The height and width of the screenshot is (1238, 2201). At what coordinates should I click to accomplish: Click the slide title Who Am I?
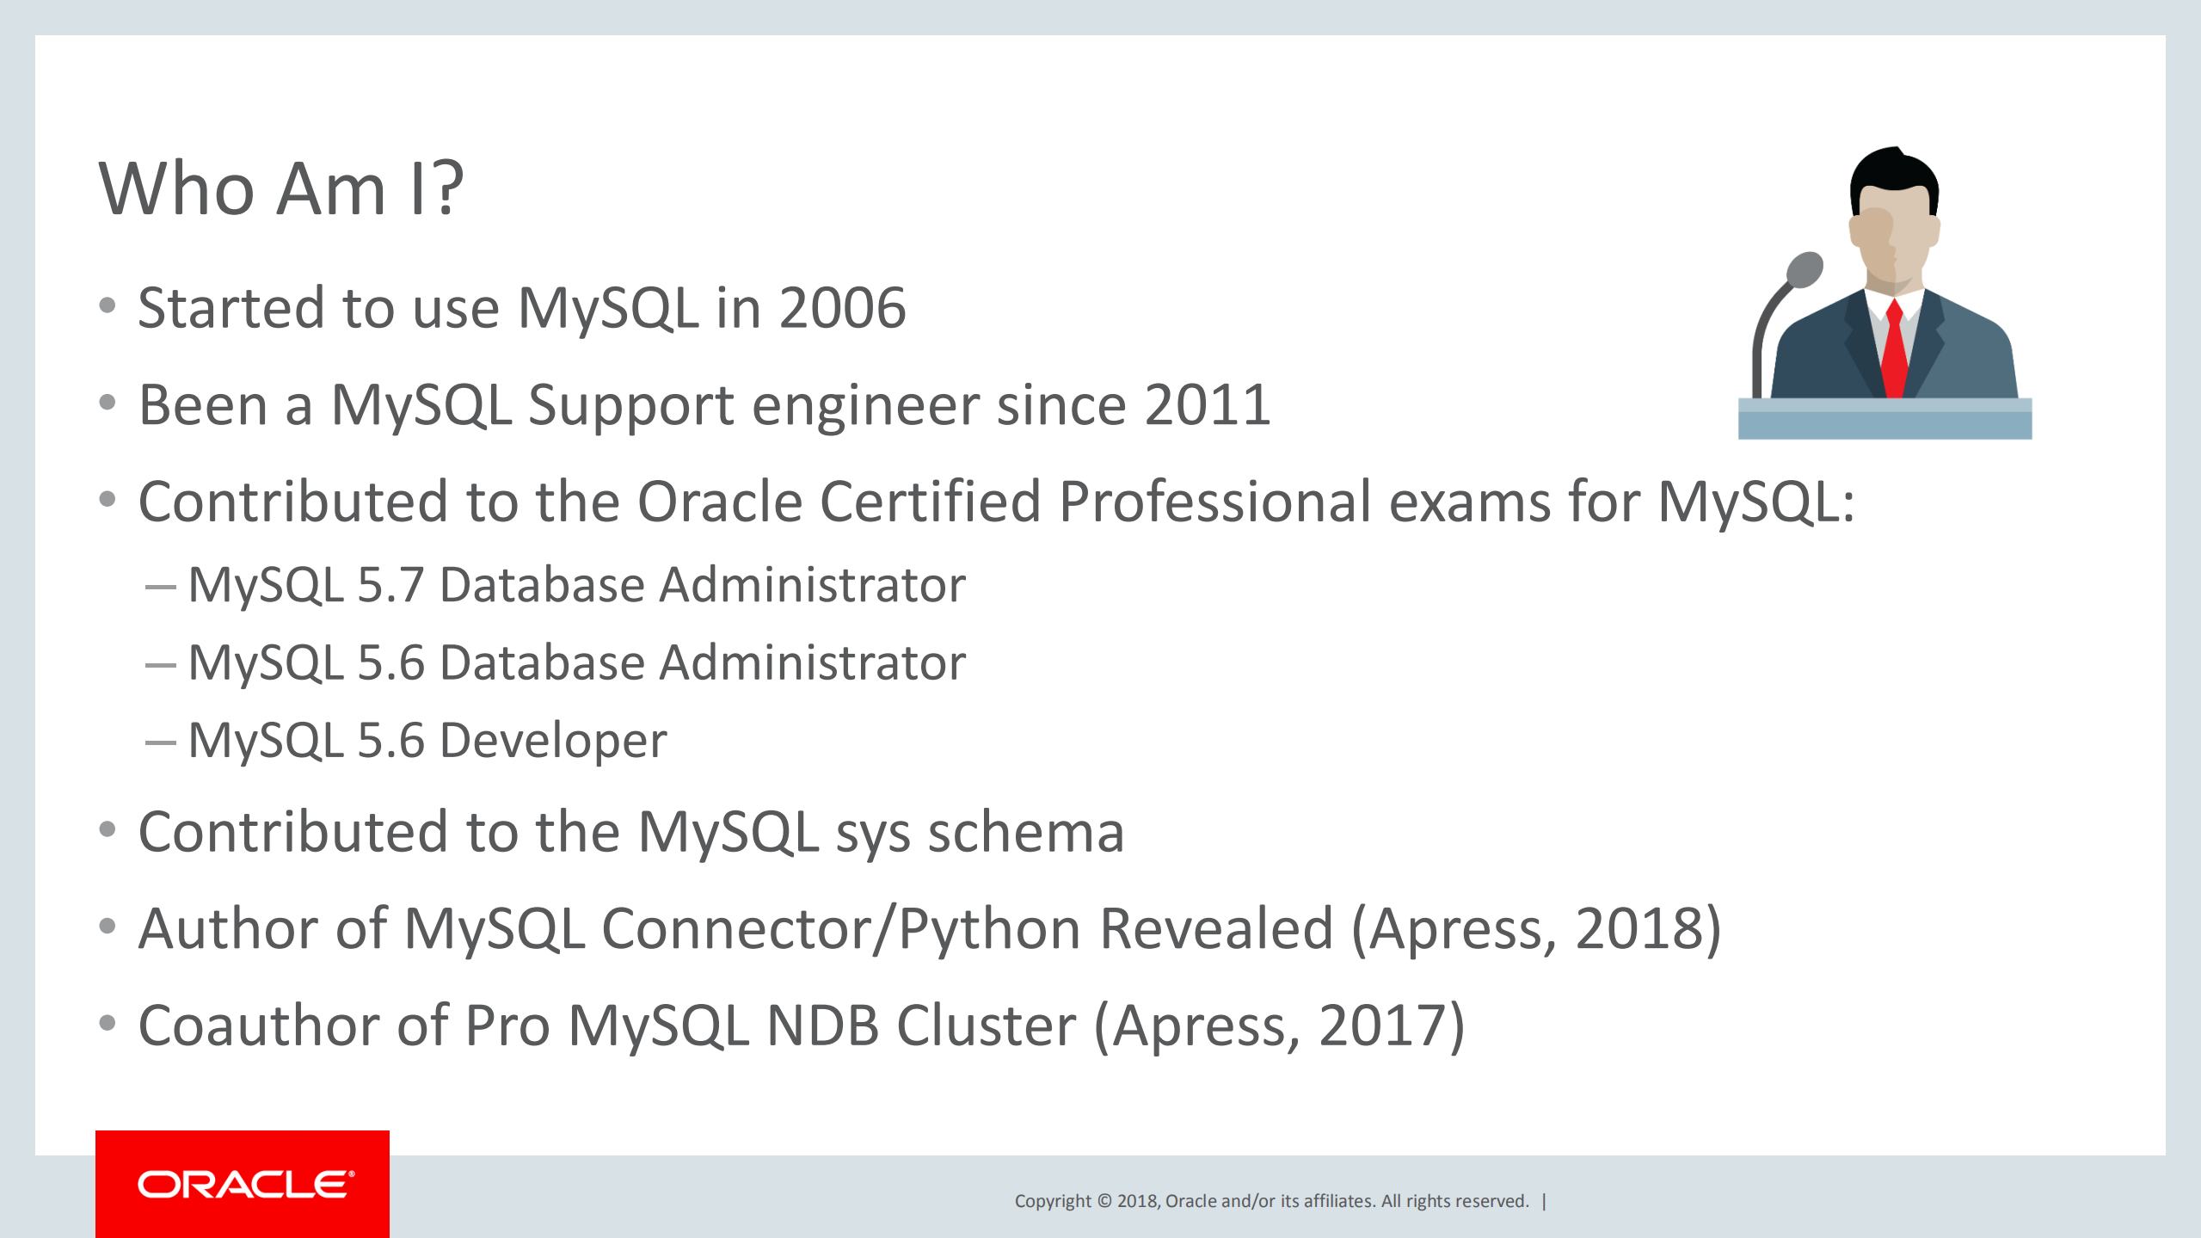(x=281, y=188)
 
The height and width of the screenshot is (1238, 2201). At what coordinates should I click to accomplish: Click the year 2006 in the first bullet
(x=842, y=308)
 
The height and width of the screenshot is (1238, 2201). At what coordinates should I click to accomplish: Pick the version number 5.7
(x=390, y=585)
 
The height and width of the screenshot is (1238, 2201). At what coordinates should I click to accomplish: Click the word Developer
(x=553, y=740)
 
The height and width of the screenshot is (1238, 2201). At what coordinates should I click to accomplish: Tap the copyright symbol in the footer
(x=1104, y=1201)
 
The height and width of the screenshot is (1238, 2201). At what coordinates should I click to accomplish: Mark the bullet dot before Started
(x=108, y=305)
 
